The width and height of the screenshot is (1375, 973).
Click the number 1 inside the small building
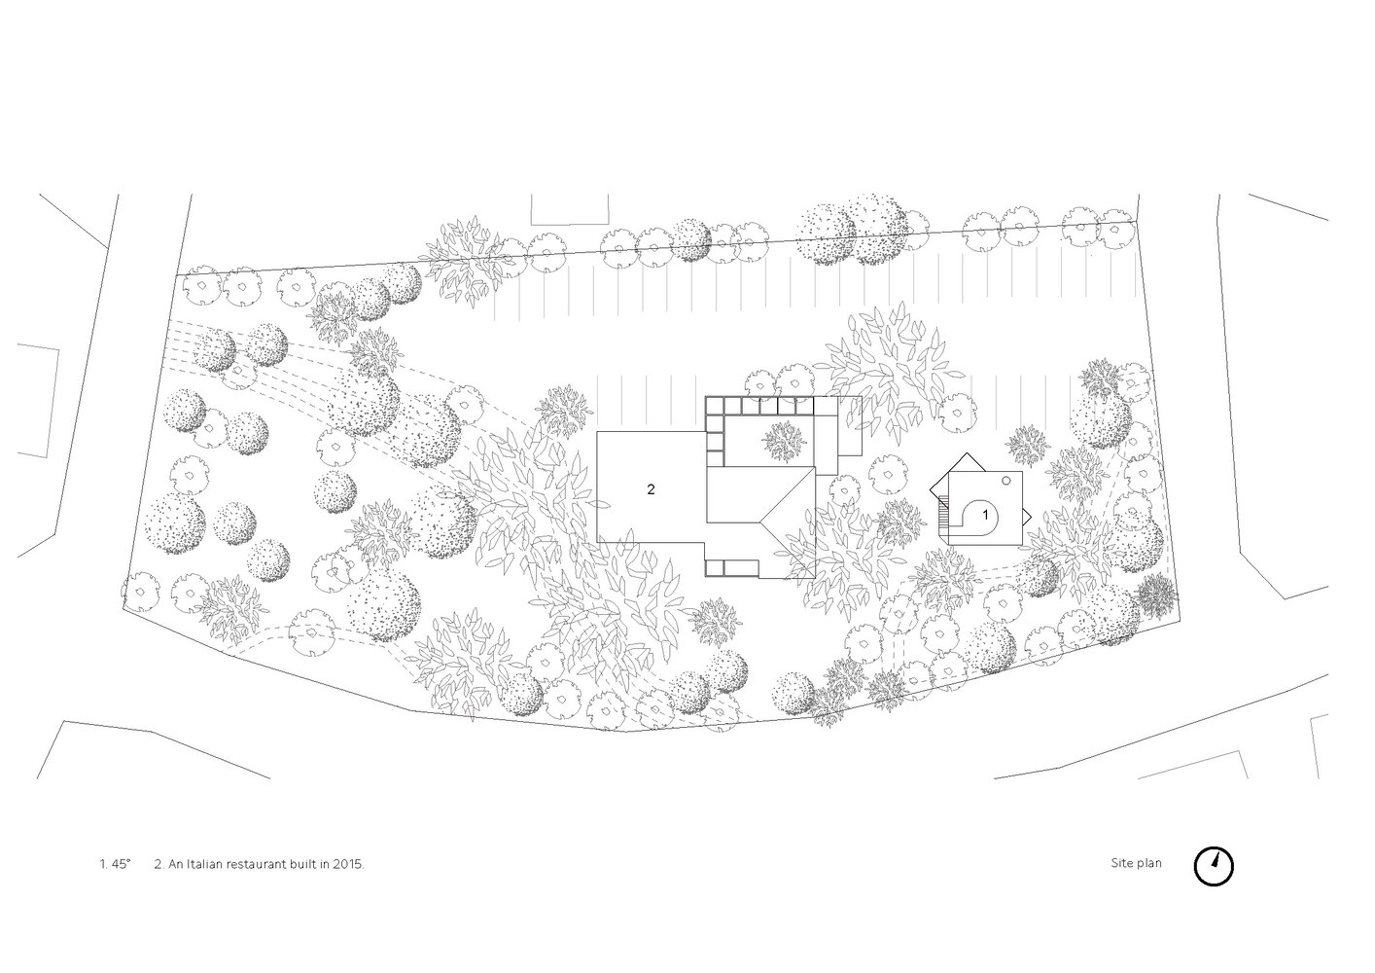(x=985, y=512)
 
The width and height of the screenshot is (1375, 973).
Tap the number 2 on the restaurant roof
(x=651, y=489)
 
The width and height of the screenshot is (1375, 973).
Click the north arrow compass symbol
(x=1213, y=865)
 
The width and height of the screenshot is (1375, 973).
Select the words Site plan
(x=1136, y=863)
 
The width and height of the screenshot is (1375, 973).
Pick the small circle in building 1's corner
(x=1008, y=481)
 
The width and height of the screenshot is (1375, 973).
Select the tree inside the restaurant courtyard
(x=782, y=441)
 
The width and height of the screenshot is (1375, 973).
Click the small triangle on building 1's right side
(x=1026, y=514)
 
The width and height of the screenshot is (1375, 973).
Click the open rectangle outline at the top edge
(x=571, y=210)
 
